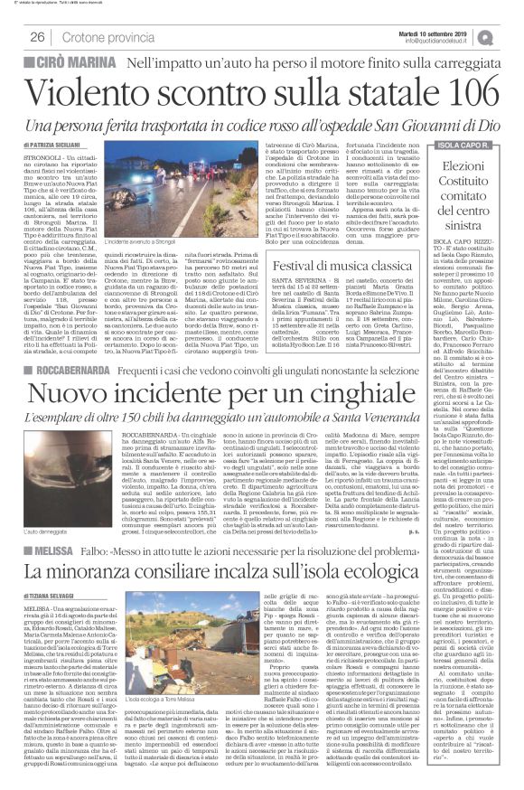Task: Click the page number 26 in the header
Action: click(x=38, y=37)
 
